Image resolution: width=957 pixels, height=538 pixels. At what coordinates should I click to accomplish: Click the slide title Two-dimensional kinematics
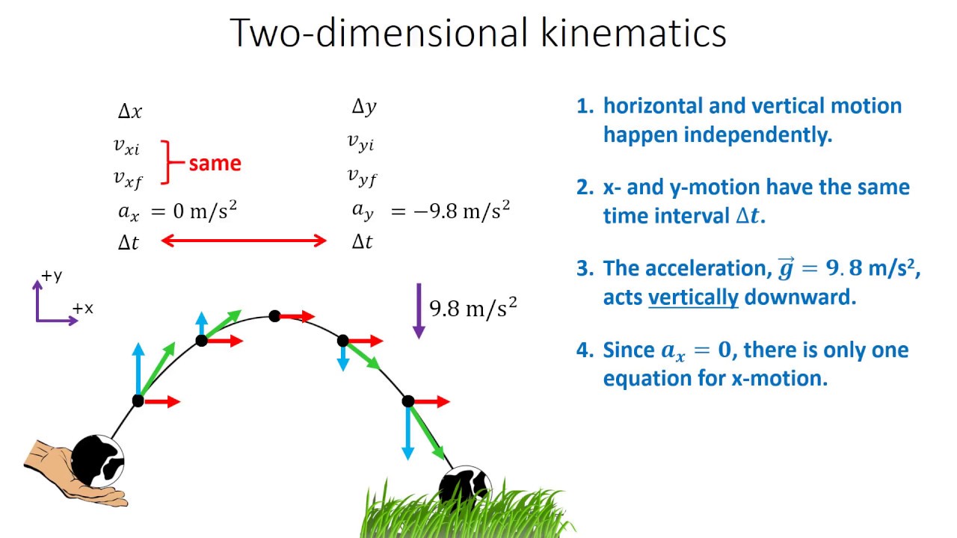(x=478, y=34)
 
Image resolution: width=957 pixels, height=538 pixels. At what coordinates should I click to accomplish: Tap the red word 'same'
(x=215, y=164)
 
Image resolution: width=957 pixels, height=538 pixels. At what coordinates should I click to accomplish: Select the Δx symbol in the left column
(x=129, y=112)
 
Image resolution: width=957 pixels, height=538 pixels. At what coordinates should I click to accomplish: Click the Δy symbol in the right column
(x=364, y=108)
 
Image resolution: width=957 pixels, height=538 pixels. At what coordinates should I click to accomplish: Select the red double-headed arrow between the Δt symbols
(x=244, y=241)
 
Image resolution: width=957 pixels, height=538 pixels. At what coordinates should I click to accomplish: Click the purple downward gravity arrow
(x=418, y=310)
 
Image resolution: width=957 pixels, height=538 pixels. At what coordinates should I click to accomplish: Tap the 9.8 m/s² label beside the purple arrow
(x=473, y=308)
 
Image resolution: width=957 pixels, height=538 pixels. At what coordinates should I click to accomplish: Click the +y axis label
(x=52, y=276)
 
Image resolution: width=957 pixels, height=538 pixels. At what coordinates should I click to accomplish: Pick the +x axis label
(x=82, y=308)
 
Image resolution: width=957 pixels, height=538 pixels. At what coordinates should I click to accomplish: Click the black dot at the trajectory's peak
(x=274, y=316)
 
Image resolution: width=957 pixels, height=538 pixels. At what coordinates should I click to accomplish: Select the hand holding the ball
(x=71, y=471)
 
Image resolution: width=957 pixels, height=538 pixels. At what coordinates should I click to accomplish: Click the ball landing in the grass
(x=463, y=486)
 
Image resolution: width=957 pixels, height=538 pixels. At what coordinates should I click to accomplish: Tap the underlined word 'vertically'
(x=692, y=297)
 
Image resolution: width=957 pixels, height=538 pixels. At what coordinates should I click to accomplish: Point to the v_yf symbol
(x=362, y=176)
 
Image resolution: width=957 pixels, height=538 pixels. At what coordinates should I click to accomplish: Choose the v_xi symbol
(x=126, y=146)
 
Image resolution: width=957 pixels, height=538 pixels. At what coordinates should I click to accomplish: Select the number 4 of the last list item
(x=583, y=350)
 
